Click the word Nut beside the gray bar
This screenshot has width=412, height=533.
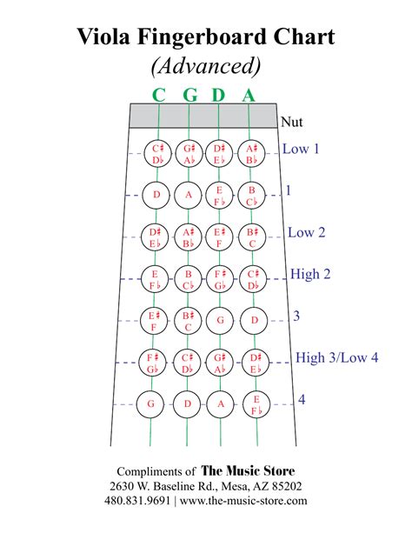point(292,123)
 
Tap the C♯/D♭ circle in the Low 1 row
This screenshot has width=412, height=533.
point(157,154)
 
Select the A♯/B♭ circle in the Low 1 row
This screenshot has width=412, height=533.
point(252,154)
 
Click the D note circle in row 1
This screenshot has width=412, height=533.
point(157,196)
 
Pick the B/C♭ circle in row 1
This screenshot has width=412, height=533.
point(252,196)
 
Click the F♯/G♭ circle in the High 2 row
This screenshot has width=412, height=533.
point(221,279)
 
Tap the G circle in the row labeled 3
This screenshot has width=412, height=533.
point(221,321)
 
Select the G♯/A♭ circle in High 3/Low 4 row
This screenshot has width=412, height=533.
point(221,362)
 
